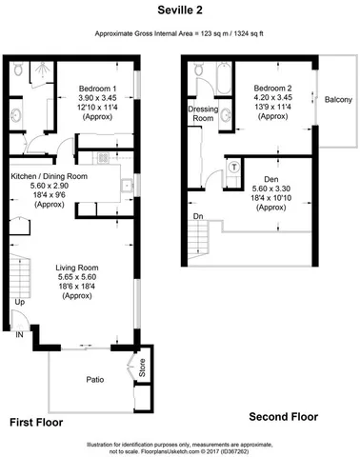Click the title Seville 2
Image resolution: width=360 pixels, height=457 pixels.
179,10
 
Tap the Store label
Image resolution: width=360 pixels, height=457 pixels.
142,368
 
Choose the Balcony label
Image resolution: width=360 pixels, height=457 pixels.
338,99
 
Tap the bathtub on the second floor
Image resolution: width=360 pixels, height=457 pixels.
211,79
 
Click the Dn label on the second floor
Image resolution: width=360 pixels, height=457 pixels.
197,217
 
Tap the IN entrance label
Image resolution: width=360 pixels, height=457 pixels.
19,334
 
